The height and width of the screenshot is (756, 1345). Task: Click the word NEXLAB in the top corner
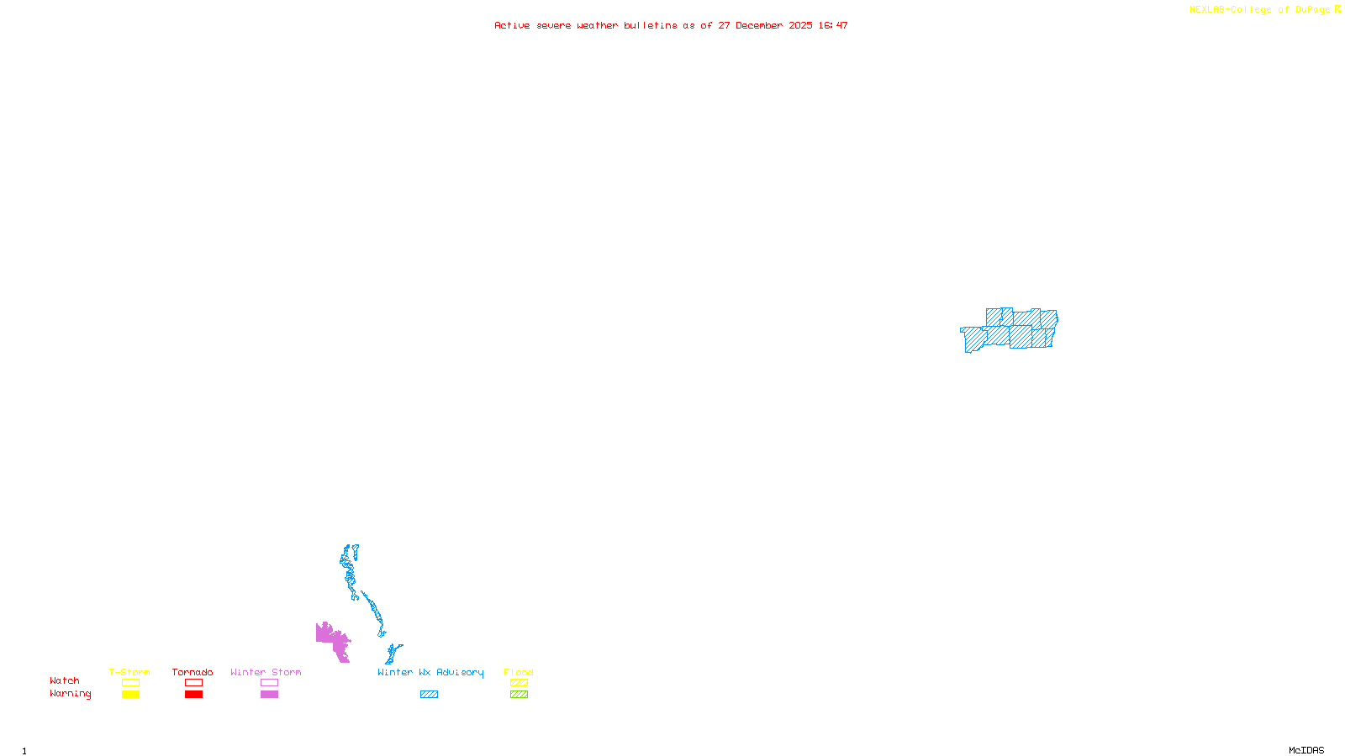(1207, 10)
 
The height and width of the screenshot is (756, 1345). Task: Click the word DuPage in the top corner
(1312, 10)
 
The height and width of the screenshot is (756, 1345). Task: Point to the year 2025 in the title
(801, 26)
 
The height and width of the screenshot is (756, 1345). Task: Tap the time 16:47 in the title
(833, 26)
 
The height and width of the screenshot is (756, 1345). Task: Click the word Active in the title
(512, 26)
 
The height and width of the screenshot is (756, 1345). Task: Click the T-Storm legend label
(129, 672)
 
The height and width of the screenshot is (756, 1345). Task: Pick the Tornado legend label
(193, 672)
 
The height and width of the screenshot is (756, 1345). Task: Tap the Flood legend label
(519, 672)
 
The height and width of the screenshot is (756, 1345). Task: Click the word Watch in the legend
(65, 680)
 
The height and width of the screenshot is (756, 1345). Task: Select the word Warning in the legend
(71, 694)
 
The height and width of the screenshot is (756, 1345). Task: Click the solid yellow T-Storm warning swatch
(130, 695)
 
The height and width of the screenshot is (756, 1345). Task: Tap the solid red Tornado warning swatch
(194, 695)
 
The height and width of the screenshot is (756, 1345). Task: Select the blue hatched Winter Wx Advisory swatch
(429, 695)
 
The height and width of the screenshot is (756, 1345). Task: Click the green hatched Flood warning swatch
(519, 695)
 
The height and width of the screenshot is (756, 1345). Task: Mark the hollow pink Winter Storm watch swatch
(269, 683)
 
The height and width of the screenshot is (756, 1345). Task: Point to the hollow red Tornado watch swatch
(194, 683)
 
